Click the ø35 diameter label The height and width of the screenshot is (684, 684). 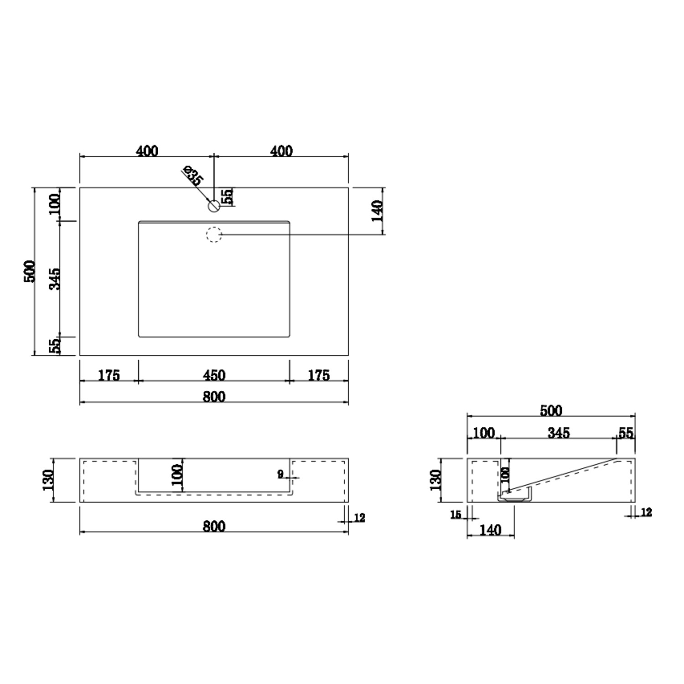tap(192, 176)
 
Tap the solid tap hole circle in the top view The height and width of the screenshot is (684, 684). tap(214, 206)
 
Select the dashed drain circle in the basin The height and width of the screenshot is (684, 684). tap(214, 234)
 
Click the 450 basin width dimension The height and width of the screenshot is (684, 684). tap(214, 375)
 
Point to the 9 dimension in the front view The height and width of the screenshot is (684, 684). tap(280, 474)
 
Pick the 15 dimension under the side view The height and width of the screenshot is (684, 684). tap(456, 515)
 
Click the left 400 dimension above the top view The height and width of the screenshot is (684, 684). tap(147, 151)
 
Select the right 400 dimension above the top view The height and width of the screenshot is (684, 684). tap(281, 151)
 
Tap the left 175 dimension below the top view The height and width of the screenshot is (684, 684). tap(109, 375)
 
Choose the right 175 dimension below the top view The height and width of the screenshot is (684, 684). tap(318, 375)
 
